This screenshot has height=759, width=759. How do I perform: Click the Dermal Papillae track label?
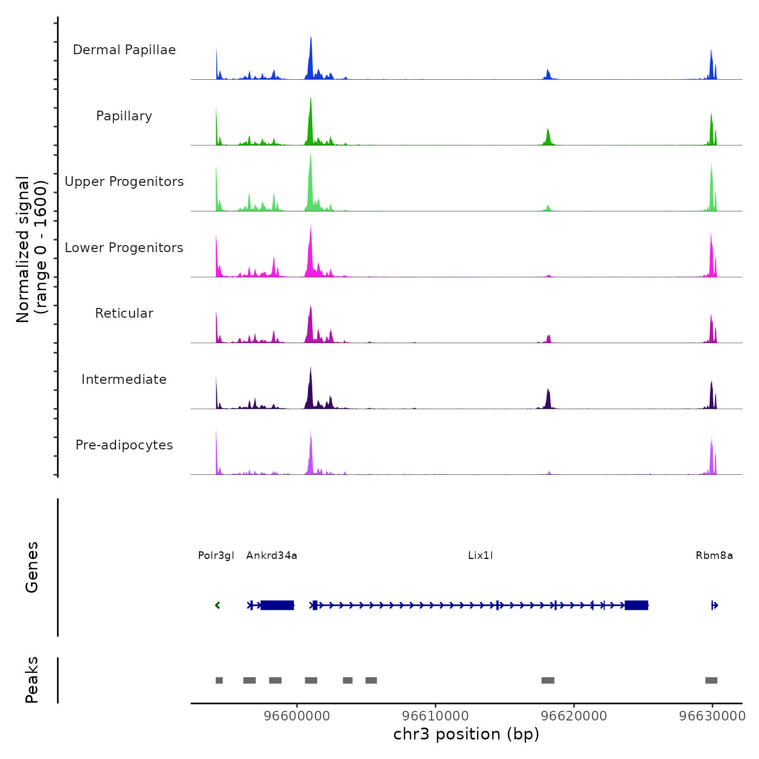124,50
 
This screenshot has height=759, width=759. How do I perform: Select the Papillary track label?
124,116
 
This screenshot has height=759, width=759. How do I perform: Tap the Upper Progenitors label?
124,182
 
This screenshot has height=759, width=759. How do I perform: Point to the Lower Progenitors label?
124,248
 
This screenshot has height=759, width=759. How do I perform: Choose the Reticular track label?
124,313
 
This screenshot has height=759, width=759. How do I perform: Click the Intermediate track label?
124,379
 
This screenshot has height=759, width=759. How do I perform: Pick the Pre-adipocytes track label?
124,445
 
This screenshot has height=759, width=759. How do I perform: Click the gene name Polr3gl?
216,556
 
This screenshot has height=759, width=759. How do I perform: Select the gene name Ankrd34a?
272,556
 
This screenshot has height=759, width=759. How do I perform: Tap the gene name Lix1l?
480,556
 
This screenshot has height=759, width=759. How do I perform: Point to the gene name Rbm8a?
714,556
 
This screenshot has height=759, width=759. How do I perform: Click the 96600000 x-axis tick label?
297,716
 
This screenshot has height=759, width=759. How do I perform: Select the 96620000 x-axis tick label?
574,716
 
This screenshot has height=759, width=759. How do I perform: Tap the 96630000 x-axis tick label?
712,716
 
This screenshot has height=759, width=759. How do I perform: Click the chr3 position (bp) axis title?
466,735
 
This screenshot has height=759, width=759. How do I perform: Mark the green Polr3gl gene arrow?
217,605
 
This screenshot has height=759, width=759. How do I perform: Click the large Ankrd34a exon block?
277,605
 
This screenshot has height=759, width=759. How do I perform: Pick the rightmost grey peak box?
711,680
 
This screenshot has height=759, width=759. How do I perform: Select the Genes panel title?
32,567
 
